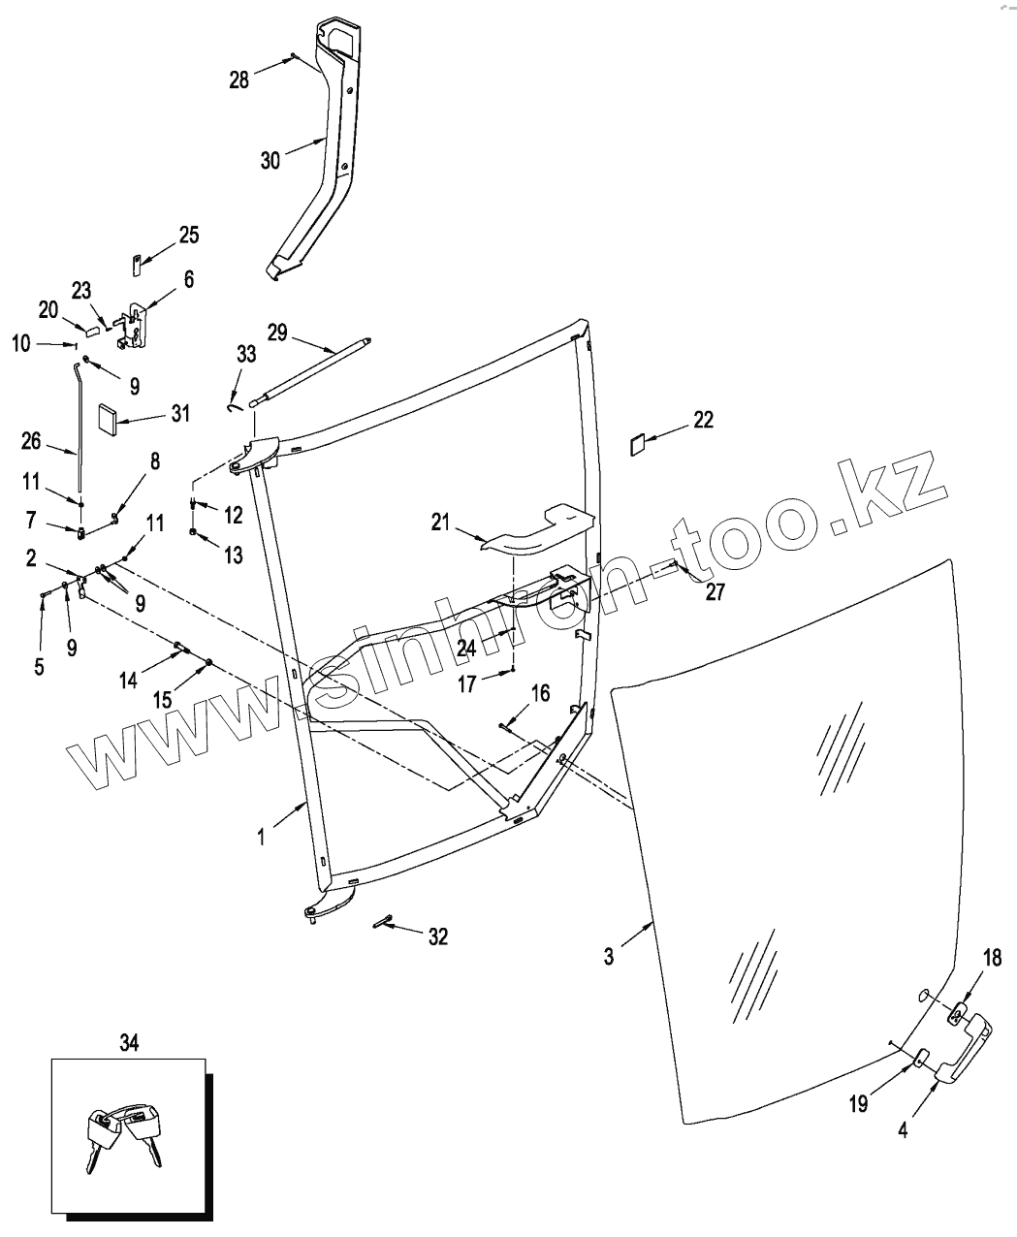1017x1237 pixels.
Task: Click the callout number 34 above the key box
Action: (x=129, y=1042)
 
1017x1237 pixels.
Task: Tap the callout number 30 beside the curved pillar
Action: (x=270, y=160)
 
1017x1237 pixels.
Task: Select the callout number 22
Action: (x=703, y=420)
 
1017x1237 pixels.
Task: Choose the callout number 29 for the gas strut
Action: (x=277, y=333)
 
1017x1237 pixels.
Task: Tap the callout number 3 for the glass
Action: (x=608, y=957)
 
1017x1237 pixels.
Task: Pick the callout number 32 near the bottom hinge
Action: (x=437, y=936)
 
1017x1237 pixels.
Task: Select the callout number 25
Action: (x=188, y=235)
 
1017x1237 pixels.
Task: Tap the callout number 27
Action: (x=715, y=592)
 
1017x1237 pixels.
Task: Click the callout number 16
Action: (x=540, y=693)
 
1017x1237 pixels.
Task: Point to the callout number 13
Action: (x=233, y=555)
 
